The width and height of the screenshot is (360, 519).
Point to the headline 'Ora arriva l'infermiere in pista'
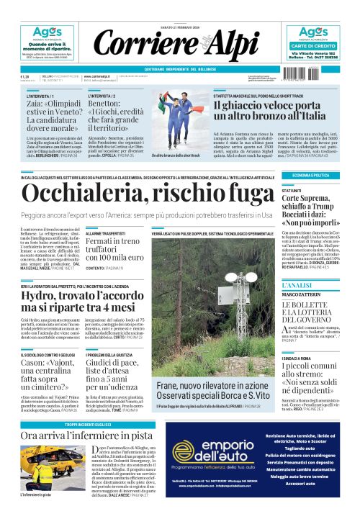(x=86, y=435)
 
